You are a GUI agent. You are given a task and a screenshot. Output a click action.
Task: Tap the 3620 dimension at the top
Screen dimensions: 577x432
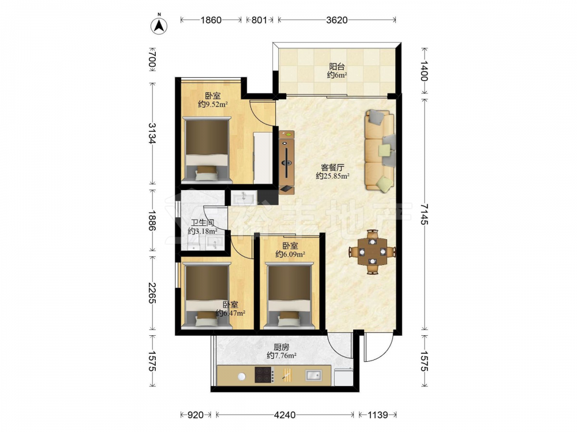click(337, 20)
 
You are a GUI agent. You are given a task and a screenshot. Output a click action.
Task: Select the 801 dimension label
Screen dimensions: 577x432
click(259, 20)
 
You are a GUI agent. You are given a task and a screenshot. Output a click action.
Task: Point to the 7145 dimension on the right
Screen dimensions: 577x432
click(424, 214)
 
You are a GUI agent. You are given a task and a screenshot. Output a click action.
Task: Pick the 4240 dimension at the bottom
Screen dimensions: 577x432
click(285, 415)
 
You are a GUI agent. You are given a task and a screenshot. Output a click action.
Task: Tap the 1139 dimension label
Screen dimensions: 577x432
click(377, 415)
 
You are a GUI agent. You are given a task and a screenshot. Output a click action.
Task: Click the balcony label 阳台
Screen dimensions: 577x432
click(337, 66)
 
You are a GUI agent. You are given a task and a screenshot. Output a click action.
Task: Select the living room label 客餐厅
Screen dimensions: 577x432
click(333, 167)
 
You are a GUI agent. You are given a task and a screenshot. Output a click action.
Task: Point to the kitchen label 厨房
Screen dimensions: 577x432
click(281, 347)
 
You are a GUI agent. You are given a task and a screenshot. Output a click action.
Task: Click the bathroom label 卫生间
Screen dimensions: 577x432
click(203, 222)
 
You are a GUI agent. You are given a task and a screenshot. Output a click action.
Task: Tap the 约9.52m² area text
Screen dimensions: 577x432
click(213, 104)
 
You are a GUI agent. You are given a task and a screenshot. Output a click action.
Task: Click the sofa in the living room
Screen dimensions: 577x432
click(380, 150)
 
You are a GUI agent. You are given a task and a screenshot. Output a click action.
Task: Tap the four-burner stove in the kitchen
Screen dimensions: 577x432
click(265, 375)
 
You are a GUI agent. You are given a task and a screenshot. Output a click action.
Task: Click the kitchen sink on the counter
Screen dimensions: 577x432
click(313, 375)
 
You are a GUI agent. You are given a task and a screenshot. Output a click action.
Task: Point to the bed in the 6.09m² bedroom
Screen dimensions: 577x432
click(289, 295)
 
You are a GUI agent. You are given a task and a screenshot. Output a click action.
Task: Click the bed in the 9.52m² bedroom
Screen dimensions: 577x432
click(207, 150)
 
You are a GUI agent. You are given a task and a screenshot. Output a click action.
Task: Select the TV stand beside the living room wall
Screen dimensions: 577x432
click(287, 162)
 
